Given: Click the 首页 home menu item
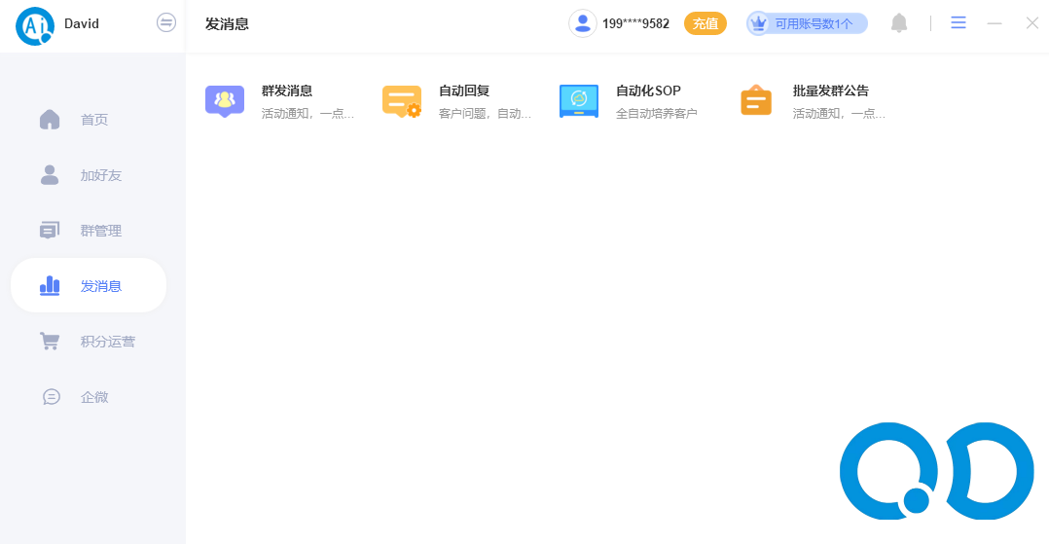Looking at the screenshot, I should pos(93,120).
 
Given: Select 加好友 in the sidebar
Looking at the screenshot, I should pos(100,175).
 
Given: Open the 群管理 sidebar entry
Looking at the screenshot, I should pos(100,231).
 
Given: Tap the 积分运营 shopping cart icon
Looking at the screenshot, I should pos(50,342).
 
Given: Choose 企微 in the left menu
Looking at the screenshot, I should pos(93,397).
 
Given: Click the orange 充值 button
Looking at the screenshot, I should pos(705,23).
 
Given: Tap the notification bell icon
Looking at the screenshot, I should pos(899,23).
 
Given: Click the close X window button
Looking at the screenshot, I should pos(1031,23).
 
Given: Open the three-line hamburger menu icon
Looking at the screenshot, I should pos(959,23).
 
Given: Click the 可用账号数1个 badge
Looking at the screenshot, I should pos(807,23).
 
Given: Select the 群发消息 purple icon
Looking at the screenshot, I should pos(225,100).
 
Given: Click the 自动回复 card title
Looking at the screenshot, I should pos(463,91).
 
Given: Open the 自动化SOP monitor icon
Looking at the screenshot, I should pos(579,100).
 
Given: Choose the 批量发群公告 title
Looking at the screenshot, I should pos(830,91).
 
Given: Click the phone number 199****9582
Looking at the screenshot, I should pos(635,23).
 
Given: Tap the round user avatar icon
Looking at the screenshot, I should pos(583,23).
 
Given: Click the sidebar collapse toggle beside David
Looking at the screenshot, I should pos(166,22).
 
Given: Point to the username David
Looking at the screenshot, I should pos(82,23).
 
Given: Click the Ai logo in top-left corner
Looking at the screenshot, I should pos(34,25).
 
